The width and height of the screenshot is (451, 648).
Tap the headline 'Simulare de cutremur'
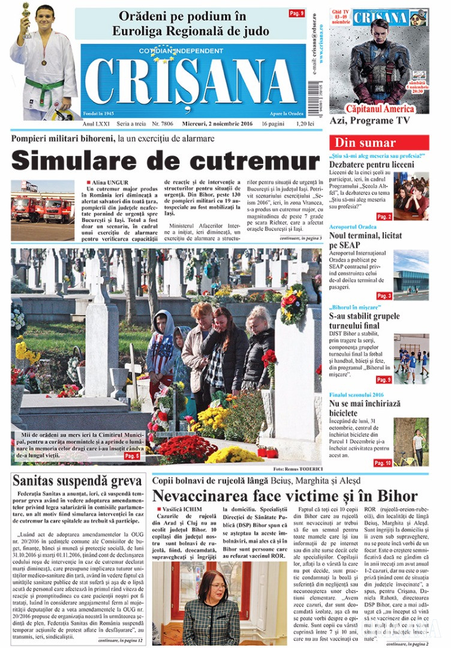(x=166, y=161)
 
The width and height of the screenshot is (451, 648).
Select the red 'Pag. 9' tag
(x=296, y=13)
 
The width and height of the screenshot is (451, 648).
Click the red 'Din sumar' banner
(x=379, y=143)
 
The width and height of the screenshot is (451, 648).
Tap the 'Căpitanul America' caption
(x=380, y=109)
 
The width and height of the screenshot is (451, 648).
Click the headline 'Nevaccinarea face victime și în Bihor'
(x=284, y=496)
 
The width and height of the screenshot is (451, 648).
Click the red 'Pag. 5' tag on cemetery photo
(x=132, y=457)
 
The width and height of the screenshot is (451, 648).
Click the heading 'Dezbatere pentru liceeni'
(x=371, y=164)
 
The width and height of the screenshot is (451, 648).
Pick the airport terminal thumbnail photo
(x=411, y=275)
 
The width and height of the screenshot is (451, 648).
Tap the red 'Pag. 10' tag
(x=382, y=463)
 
